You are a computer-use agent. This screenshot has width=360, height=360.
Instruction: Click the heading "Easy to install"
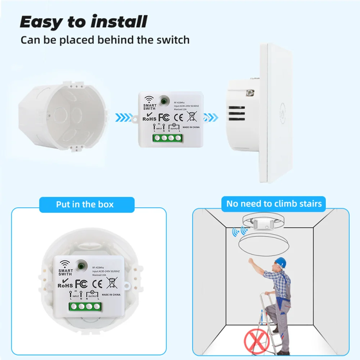(84, 22)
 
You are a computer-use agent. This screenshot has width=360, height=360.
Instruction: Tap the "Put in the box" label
(85, 204)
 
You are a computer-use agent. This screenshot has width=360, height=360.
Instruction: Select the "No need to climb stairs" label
(274, 204)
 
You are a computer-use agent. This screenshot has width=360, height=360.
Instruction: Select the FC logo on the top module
(164, 117)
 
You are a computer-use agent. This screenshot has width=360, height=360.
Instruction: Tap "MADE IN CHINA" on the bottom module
(111, 294)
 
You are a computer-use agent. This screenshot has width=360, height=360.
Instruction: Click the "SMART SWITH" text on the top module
(150, 107)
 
